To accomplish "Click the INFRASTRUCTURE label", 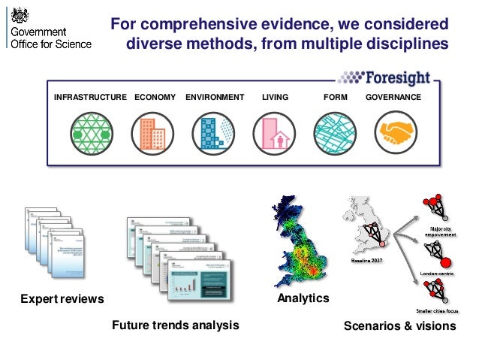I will point(90,98).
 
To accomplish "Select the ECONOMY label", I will point(155,98).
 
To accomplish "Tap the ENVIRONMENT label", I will point(215,98).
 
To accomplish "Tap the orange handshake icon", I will point(395,134).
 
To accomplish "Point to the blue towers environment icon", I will point(212,134).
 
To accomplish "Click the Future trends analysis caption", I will point(175,325).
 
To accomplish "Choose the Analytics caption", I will point(303,298).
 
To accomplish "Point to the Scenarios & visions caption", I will point(399,326).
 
